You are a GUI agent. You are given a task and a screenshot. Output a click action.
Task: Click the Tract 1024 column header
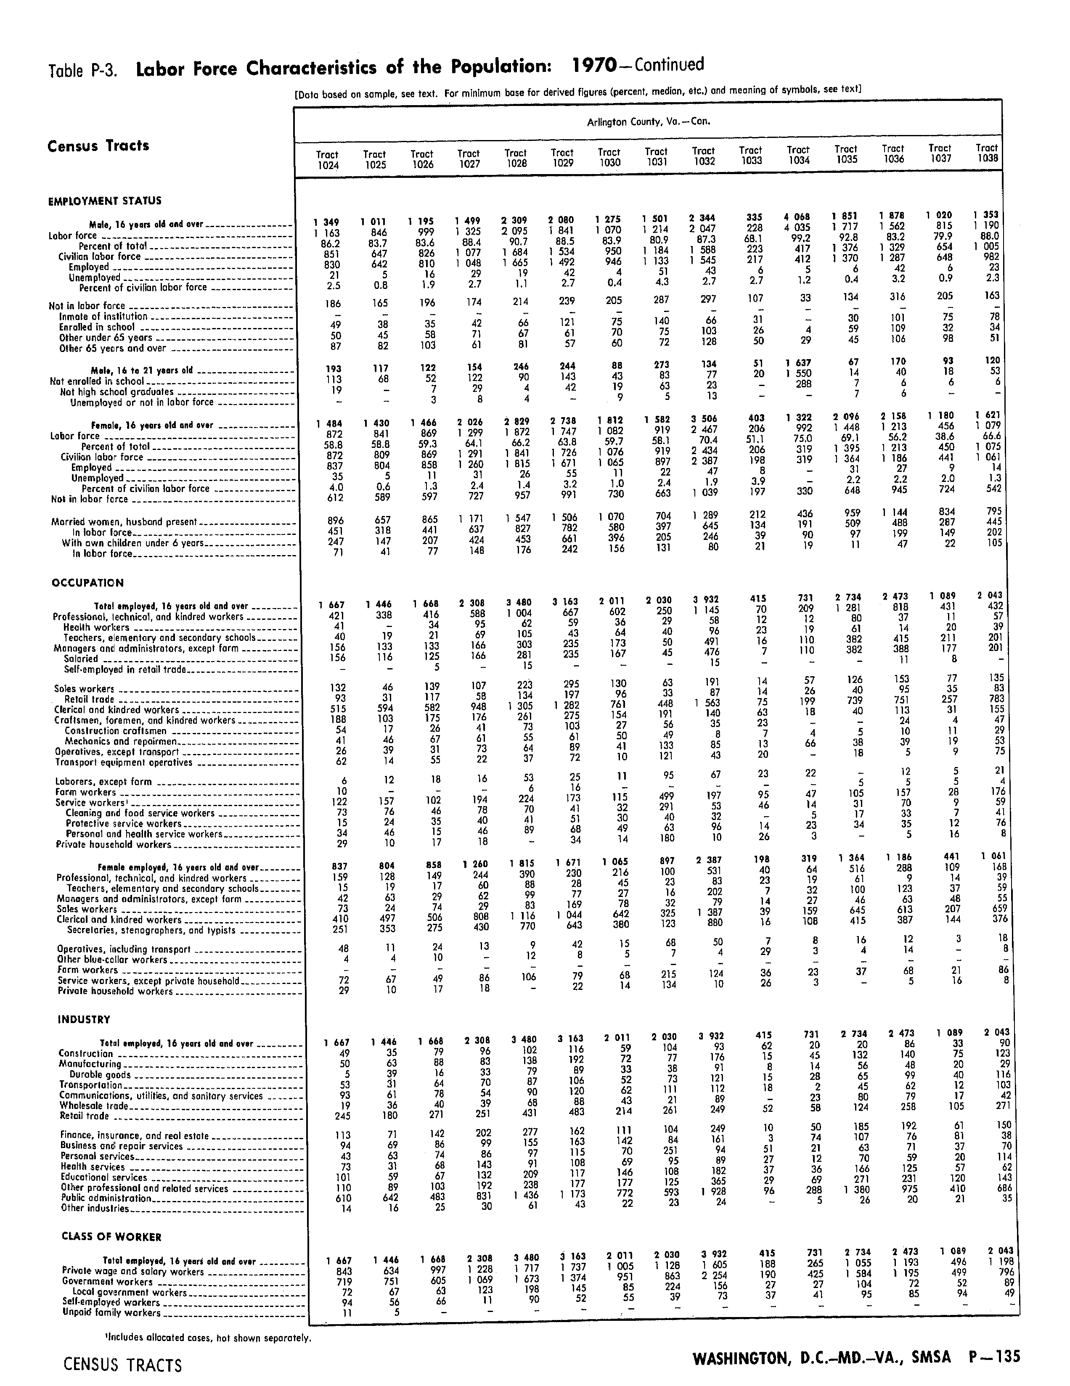328,159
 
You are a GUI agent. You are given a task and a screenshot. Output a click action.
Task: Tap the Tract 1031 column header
656,156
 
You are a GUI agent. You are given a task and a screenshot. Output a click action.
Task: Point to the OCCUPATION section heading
87,582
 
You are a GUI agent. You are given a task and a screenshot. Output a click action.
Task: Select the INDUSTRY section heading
84,1019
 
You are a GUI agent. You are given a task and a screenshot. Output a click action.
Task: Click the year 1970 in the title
594,66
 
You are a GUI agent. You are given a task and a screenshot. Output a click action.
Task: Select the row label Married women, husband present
125,522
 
